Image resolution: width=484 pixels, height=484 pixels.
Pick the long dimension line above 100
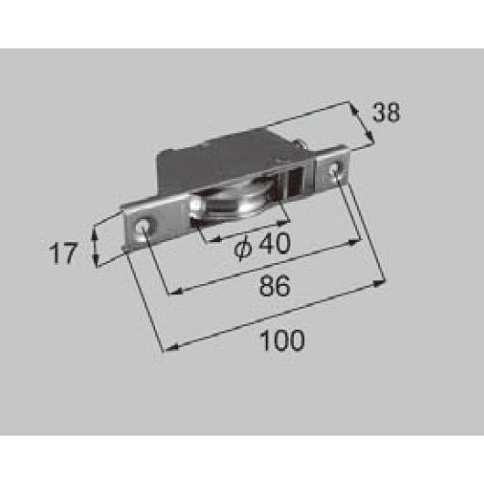pyautogui.click(x=274, y=316)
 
